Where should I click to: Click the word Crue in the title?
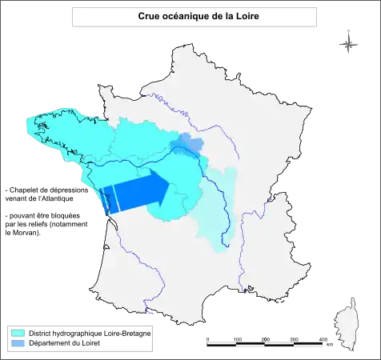pyautogui.click(x=149, y=16)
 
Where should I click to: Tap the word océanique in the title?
pyautogui.click(x=186, y=16)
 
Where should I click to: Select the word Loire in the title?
pyautogui.click(x=245, y=16)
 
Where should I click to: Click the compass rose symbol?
pyautogui.click(x=348, y=44)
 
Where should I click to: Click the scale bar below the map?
pyautogui.click(x=264, y=342)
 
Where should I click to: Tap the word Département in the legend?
pyautogui.click(x=50, y=342)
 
